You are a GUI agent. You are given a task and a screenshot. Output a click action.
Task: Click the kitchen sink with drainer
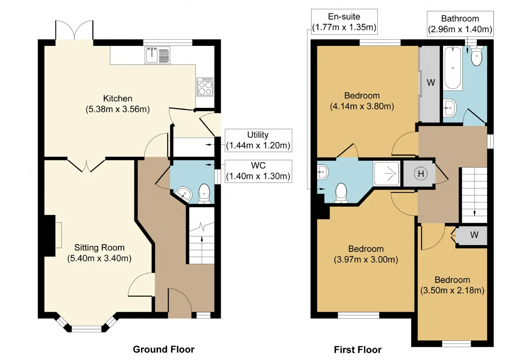[x=157, y=55]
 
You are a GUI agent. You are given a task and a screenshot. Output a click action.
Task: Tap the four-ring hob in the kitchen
[x=205, y=87]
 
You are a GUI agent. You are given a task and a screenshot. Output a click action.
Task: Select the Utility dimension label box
[x=258, y=140]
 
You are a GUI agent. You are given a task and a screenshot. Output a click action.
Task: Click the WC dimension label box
[x=258, y=171]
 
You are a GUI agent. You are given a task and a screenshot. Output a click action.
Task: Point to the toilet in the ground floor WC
[x=204, y=194]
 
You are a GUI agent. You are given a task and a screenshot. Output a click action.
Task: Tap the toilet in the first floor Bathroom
[x=477, y=56]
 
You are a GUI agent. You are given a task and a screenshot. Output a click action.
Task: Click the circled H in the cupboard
[x=421, y=174]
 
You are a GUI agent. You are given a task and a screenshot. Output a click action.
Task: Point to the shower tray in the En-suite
[x=386, y=174]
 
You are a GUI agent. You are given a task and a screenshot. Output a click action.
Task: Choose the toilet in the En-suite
[x=341, y=193]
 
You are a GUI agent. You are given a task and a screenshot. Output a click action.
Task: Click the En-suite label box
[x=344, y=22]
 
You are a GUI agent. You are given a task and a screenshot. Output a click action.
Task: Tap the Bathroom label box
[x=460, y=24]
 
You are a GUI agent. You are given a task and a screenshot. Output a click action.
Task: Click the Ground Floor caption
[x=164, y=349]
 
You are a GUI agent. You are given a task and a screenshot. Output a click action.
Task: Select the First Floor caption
[x=357, y=350]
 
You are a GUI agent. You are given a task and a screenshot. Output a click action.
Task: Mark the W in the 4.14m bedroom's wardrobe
[x=431, y=82]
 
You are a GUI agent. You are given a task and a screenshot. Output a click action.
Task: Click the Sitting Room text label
[x=100, y=248]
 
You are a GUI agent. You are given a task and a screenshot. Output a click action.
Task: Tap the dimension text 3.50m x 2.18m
[x=452, y=290]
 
